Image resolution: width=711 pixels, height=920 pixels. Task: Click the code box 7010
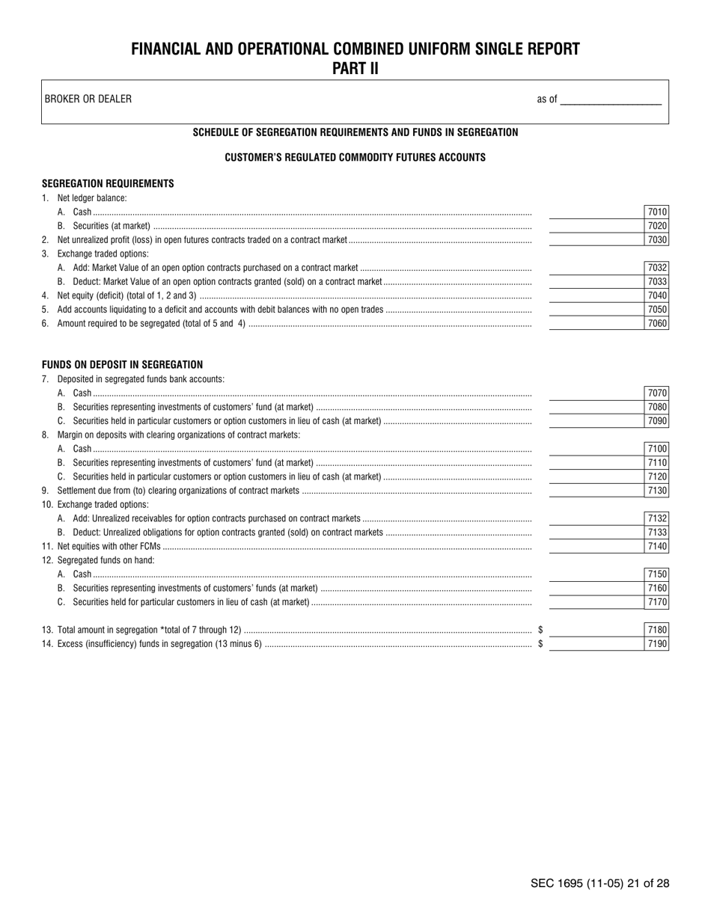point(656,212)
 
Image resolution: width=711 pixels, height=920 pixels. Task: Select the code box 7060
point(656,324)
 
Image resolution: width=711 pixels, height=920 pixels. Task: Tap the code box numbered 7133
point(656,533)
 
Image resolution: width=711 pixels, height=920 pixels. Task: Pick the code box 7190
point(656,644)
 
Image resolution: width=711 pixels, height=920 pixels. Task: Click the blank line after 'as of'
point(611,99)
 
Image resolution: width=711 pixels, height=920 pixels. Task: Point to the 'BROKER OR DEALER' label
point(88,99)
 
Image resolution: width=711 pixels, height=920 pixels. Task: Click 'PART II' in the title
point(355,69)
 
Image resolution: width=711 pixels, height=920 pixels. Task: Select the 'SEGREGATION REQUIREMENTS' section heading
point(108,183)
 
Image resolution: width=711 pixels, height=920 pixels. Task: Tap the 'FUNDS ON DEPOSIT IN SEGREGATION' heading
point(122,365)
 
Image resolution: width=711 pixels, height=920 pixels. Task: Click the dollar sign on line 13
point(540,630)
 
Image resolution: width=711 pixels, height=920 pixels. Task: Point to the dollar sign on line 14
point(540,644)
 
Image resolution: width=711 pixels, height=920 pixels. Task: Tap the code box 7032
point(656,268)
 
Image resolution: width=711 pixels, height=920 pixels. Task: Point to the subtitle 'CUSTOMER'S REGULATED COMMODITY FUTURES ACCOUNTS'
point(355,158)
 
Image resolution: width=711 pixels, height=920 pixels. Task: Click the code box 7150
point(656,574)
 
